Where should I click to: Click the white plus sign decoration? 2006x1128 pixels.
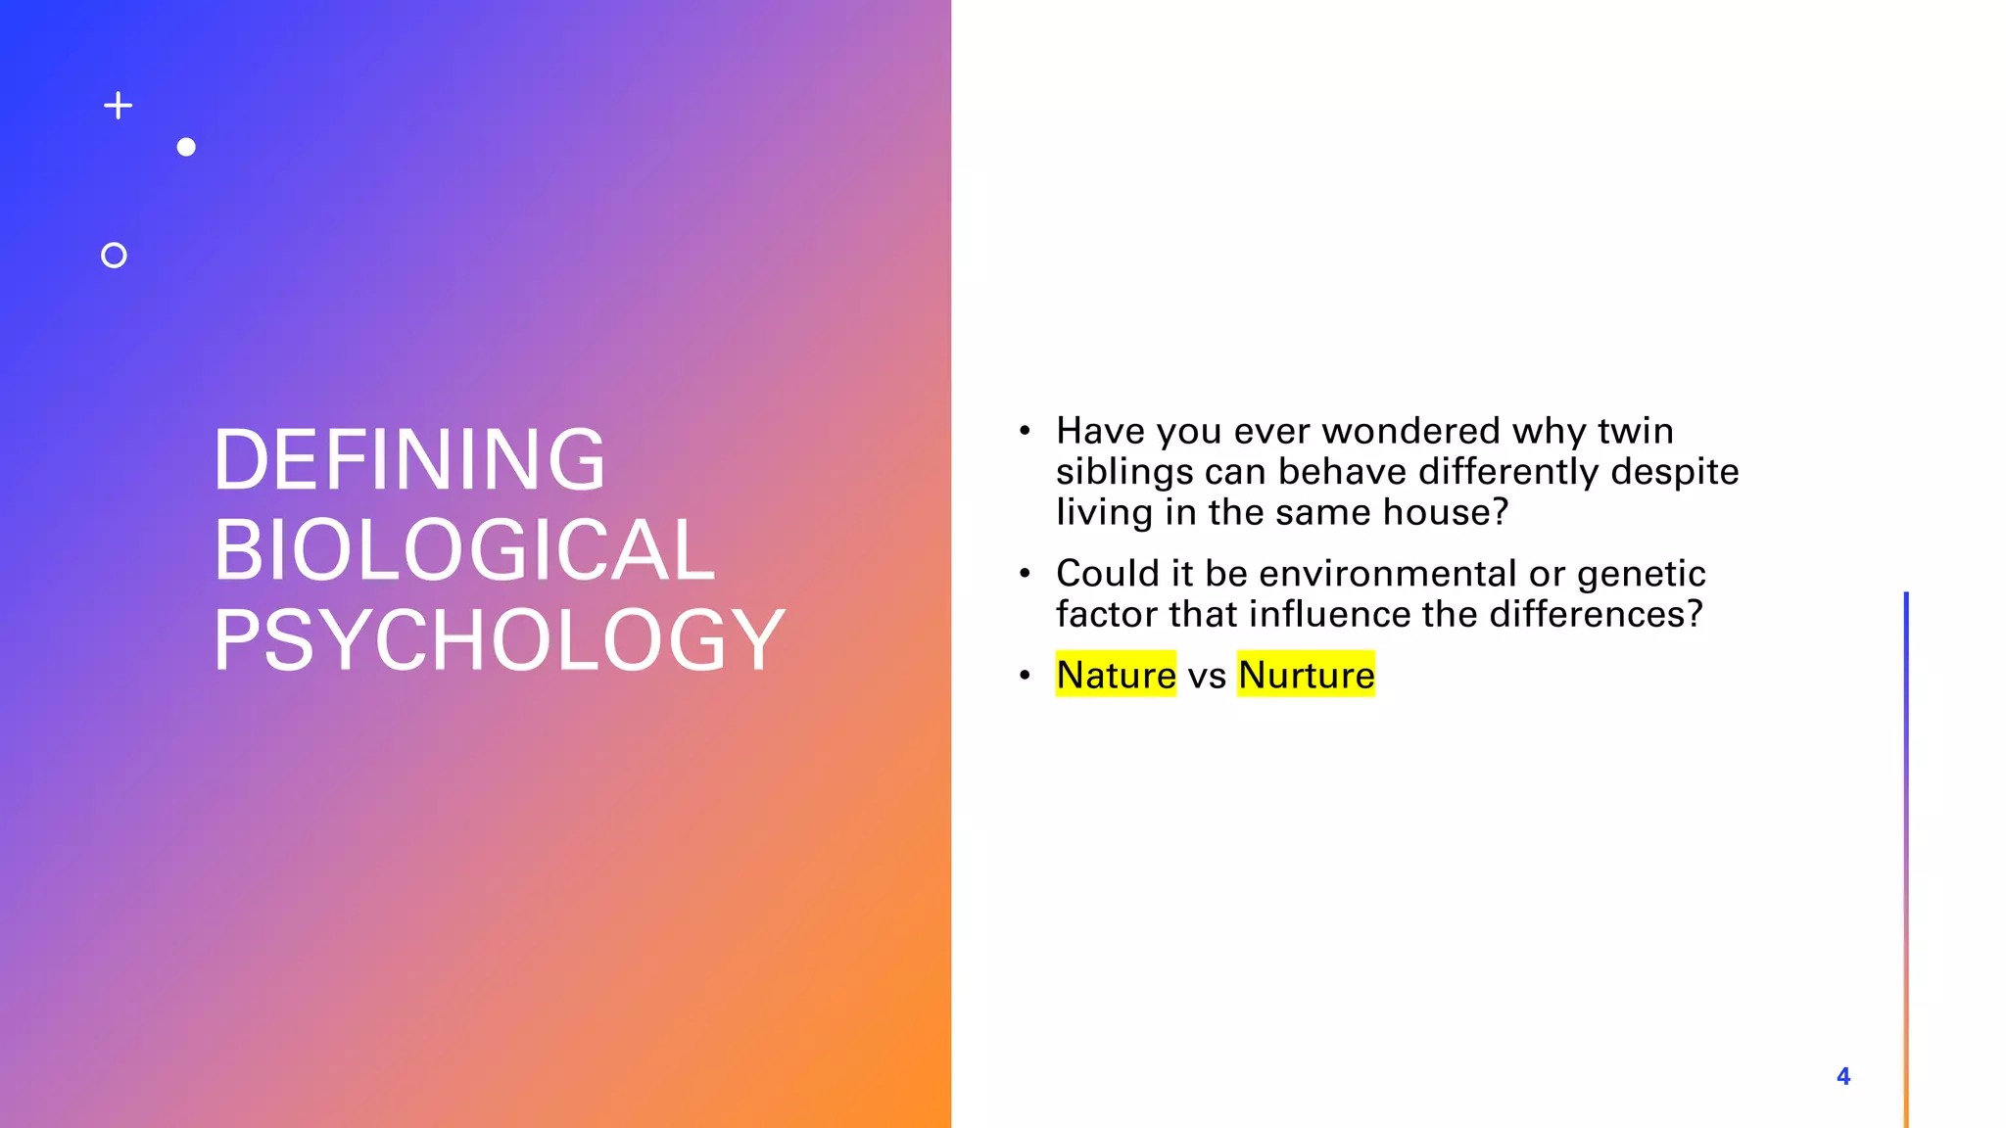(119, 106)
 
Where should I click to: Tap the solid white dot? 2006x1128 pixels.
(186, 147)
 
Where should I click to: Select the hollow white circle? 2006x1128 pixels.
(114, 256)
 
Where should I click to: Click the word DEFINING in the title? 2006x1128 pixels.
(409, 459)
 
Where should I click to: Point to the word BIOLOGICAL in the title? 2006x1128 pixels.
(464, 549)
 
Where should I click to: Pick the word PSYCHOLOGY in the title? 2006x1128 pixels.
(499, 640)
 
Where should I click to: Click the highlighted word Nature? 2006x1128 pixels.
(1116, 675)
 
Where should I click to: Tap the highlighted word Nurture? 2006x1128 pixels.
(1306, 675)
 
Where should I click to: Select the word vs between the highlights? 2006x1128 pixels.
(1207, 676)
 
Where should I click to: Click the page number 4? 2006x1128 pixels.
(1843, 1076)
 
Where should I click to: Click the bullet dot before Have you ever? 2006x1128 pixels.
(1025, 431)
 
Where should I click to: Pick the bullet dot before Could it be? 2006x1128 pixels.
(1025, 573)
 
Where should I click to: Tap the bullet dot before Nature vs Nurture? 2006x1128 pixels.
(1025, 675)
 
